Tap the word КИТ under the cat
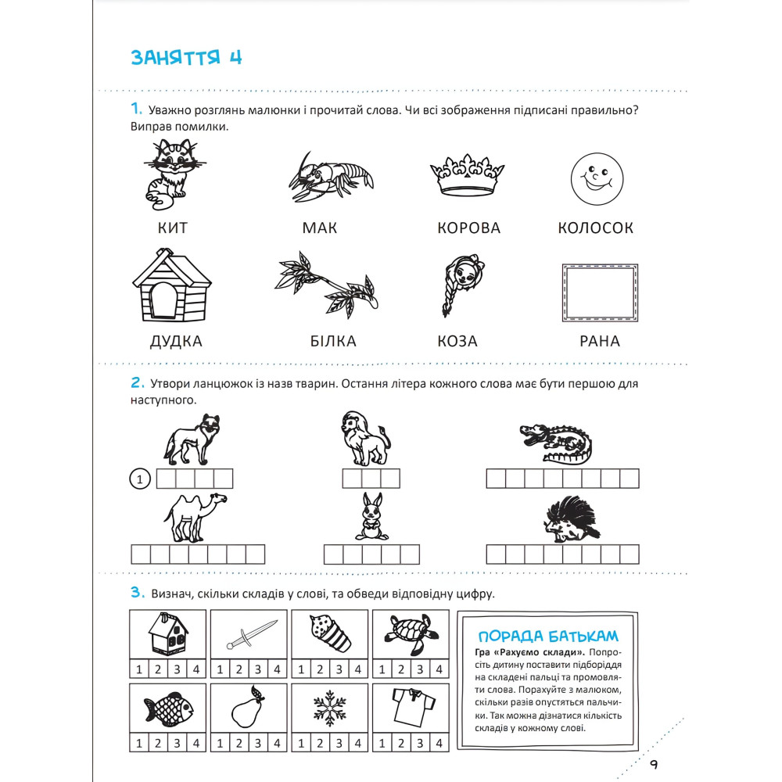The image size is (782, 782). pos(172,228)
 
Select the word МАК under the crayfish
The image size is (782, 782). pos(320,228)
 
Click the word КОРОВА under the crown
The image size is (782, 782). pos(468,228)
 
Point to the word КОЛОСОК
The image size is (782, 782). pos(596,228)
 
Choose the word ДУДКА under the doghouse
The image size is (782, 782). pos(175,341)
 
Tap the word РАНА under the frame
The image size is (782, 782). pos(600,341)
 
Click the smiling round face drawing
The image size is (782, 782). pos(597,180)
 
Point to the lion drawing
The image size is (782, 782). pos(362,439)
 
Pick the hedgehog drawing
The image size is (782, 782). pos(572,519)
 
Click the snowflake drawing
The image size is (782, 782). pos(329,708)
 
